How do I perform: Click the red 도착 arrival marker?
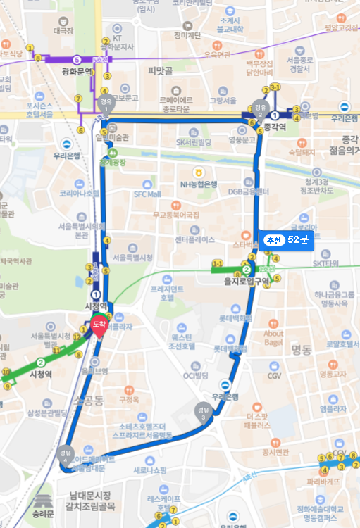pos(98,327)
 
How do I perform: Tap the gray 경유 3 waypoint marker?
pos(203,412)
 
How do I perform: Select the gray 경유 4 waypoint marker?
pos(66,451)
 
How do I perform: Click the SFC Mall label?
pos(147,194)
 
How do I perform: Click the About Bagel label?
pos(273,338)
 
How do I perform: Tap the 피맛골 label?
pos(161,71)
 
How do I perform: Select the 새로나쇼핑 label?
pos(149,470)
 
